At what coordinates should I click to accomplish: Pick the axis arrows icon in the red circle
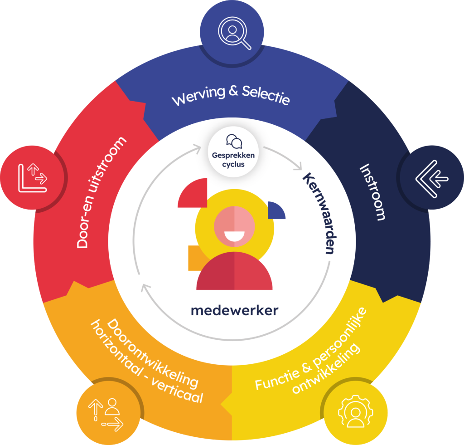[x=32, y=177]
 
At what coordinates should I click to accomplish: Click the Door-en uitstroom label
[x=101, y=193]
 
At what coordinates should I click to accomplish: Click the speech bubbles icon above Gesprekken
[x=234, y=141]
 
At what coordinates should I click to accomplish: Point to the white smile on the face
[x=234, y=236]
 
